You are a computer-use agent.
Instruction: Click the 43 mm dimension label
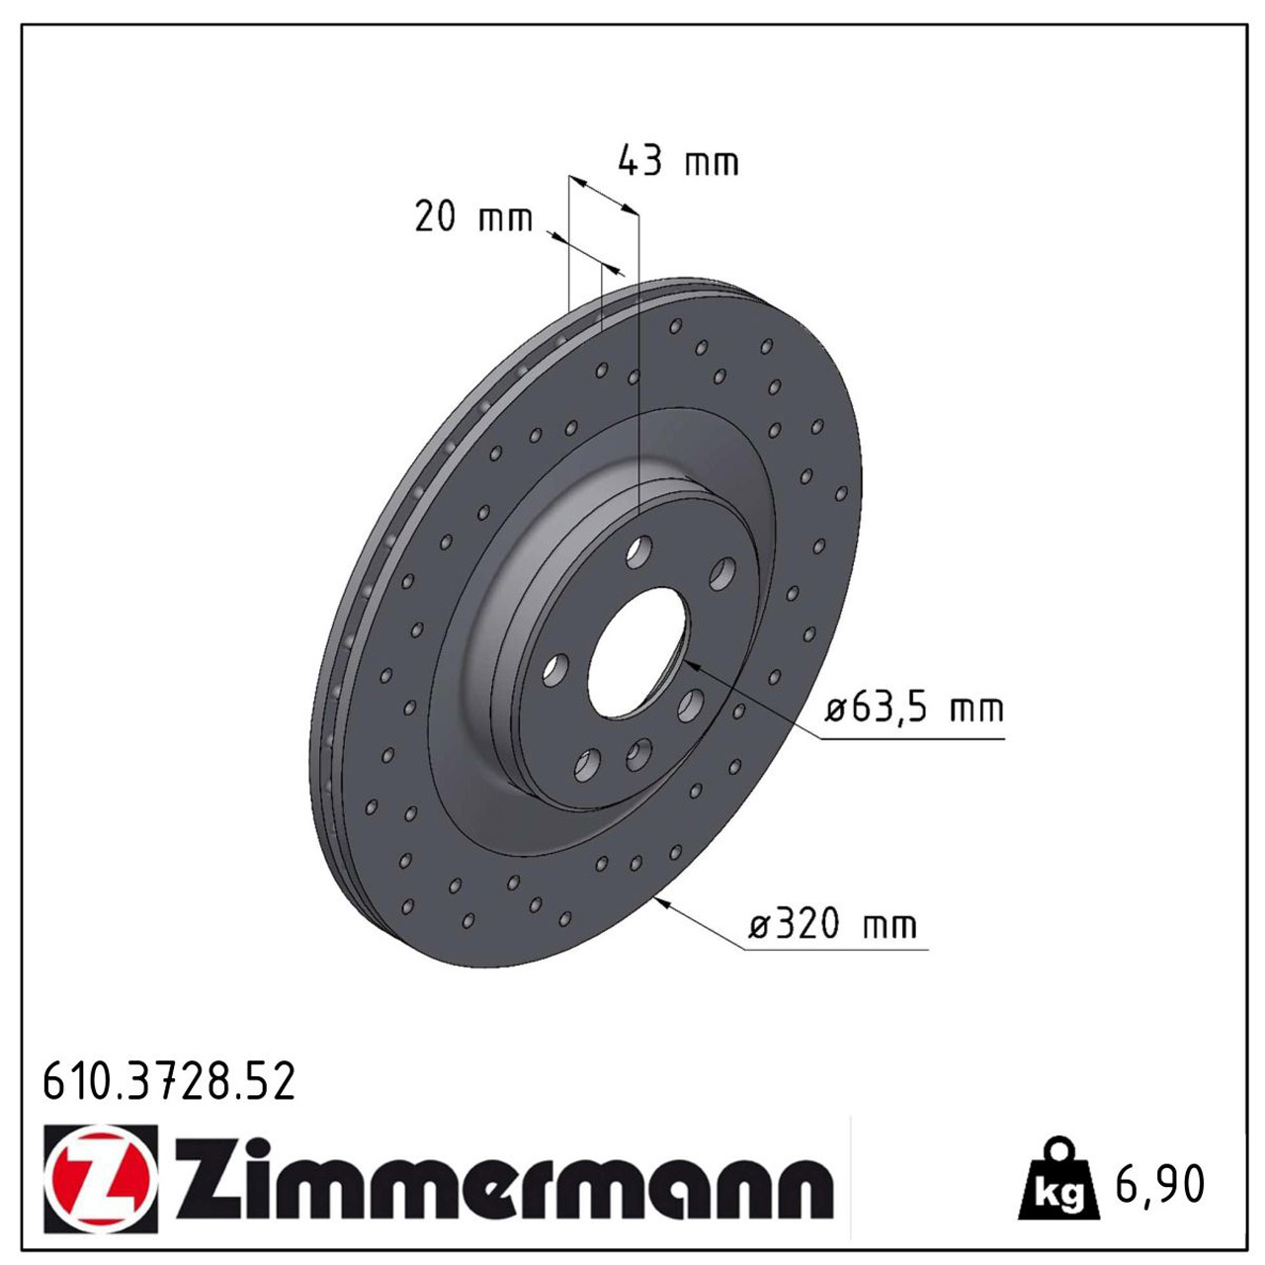(x=678, y=161)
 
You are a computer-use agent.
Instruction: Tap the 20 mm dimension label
(x=473, y=216)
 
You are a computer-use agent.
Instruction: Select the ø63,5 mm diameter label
(x=914, y=709)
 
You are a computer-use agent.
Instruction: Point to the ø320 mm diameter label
(x=833, y=925)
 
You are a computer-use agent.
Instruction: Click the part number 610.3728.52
(x=169, y=1082)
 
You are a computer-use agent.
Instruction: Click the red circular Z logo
(x=102, y=1178)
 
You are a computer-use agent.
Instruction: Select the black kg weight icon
(x=1058, y=1182)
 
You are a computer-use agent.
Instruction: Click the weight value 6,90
(x=1159, y=1183)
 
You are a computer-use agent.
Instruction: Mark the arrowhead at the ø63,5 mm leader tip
(x=691, y=665)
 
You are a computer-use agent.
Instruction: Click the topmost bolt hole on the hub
(x=639, y=551)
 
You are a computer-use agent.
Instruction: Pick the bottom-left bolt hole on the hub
(x=587, y=764)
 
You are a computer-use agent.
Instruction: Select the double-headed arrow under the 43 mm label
(x=604, y=195)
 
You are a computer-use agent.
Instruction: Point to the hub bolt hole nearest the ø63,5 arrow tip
(x=690, y=704)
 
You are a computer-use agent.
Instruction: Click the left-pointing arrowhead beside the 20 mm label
(x=553, y=236)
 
